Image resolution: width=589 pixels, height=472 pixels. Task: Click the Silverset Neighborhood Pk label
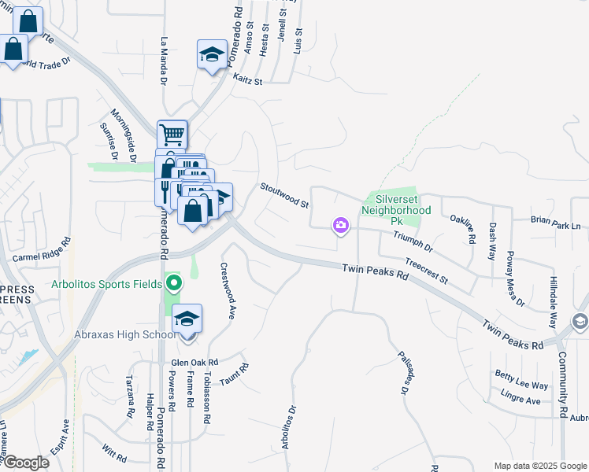(x=397, y=211)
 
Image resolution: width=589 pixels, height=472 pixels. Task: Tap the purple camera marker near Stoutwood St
(x=341, y=227)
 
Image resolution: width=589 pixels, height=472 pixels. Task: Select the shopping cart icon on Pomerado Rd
(x=172, y=134)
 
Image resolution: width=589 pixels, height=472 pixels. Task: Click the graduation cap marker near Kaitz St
(x=211, y=55)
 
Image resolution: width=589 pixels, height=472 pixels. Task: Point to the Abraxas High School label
(x=124, y=334)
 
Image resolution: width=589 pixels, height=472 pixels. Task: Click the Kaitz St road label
(x=247, y=78)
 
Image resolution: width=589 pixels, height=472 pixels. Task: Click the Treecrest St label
(x=426, y=271)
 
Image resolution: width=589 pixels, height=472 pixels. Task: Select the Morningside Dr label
(x=124, y=136)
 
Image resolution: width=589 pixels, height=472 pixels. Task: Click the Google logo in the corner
(x=26, y=462)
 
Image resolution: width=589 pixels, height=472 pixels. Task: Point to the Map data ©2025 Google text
(x=540, y=466)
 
